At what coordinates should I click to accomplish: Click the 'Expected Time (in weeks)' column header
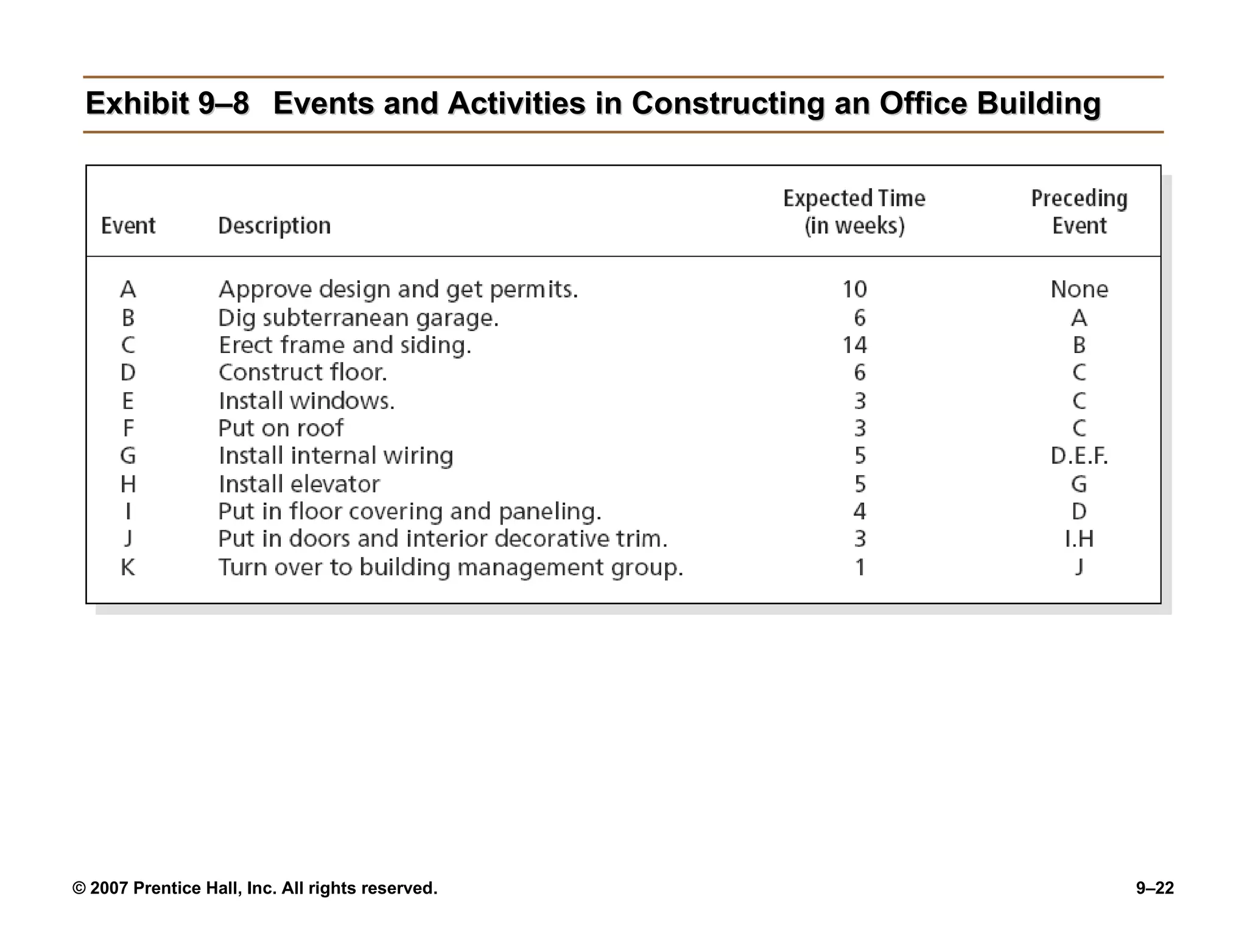[854, 212]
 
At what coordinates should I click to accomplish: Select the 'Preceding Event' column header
[1079, 212]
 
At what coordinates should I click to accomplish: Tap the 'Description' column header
[274, 226]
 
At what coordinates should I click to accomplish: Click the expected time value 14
[854, 345]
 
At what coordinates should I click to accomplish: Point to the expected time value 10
[854, 289]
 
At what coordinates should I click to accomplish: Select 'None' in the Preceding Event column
[1079, 289]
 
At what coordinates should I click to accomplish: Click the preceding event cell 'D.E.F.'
[1079, 456]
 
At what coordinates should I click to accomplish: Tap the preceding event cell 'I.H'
[1079, 539]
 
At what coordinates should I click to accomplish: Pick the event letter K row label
[128, 567]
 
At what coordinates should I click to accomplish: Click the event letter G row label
[128, 456]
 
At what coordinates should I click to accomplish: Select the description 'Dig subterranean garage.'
[358, 318]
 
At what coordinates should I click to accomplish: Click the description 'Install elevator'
[299, 485]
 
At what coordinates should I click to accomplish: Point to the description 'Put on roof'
[281, 429]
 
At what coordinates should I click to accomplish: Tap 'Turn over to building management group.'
[451, 567]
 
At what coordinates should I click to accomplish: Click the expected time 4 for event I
[859, 511]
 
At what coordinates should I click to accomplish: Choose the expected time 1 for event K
[859, 567]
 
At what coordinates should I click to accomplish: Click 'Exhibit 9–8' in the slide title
[167, 103]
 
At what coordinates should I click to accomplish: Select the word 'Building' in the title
[1039, 103]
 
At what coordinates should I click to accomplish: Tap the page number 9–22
[1154, 888]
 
